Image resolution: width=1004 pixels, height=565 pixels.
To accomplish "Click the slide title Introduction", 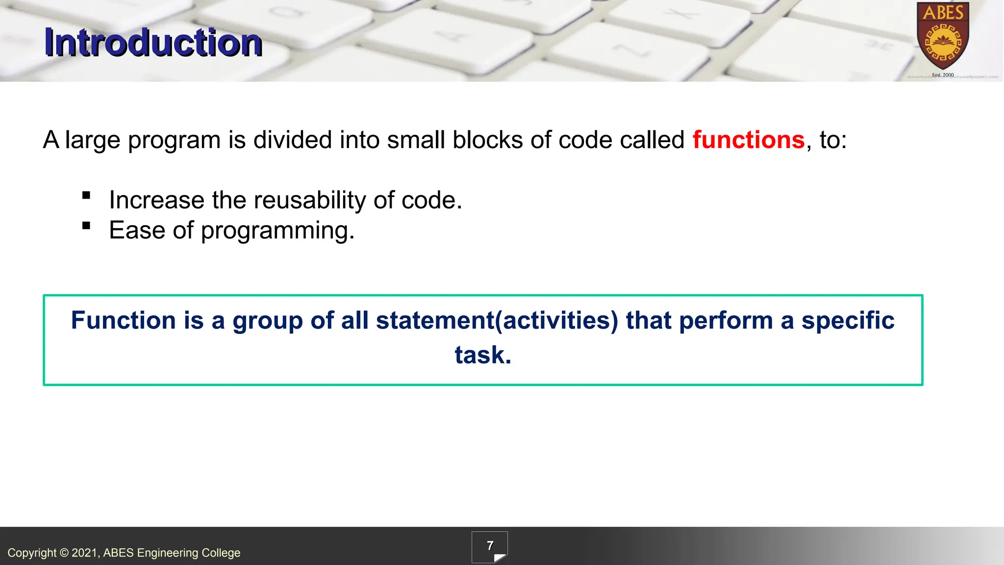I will click(153, 43).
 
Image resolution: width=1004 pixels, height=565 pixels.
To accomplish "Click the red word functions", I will click(748, 140).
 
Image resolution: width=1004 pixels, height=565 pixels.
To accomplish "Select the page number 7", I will click(490, 546).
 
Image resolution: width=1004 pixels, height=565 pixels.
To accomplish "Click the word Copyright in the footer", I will click(32, 553).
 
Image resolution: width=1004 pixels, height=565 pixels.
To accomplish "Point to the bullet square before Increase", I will click(86, 196).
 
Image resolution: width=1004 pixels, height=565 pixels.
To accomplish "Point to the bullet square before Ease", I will click(86, 226).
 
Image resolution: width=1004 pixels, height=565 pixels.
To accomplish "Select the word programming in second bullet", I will click(277, 231).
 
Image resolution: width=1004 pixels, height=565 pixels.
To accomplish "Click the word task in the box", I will click(482, 355).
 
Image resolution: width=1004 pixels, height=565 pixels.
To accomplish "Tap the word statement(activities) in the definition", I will click(497, 321).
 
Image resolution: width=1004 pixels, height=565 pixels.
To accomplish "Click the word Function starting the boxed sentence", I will click(123, 321).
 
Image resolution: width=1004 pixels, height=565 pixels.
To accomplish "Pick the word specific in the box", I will click(848, 321).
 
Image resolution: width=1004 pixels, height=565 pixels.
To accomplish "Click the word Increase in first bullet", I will click(156, 200).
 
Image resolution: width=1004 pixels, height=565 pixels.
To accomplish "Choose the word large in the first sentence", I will click(92, 141).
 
